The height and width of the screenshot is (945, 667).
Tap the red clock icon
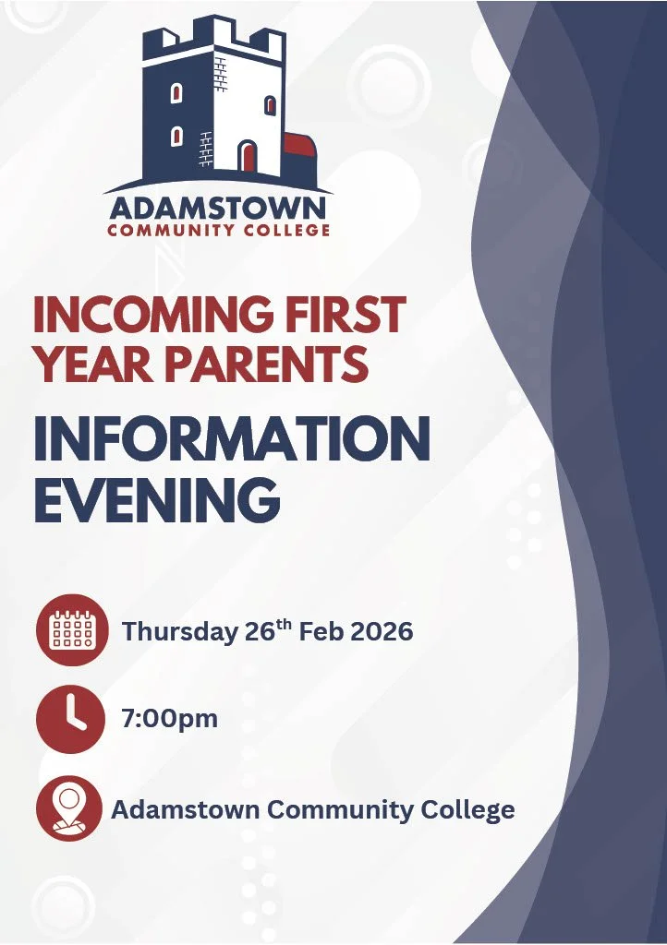(x=70, y=719)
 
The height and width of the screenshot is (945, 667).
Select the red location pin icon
(x=70, y=809)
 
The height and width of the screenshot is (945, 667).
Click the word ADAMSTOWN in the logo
(x=218, y=207)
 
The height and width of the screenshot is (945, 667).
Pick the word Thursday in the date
(x=179, y=632)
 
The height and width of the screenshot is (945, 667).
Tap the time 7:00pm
(x=169, y=718)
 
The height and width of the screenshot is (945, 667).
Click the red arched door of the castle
(x=248, y=156)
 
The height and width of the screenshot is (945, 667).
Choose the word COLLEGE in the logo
(x=287, y=231)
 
